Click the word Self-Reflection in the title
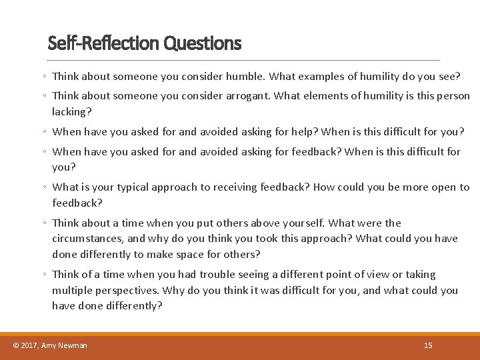point(104,44)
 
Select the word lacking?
point(71,112)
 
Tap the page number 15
point(428,345)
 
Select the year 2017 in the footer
point(29,345)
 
